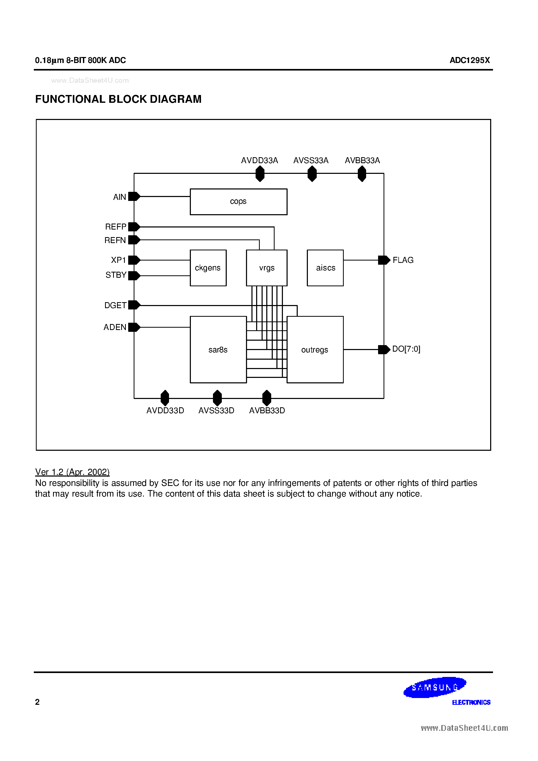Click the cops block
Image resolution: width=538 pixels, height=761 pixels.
[x=238, y=202]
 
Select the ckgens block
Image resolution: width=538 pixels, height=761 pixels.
[x=208, y=268]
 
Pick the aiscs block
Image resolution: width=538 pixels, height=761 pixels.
[x=325, y=268]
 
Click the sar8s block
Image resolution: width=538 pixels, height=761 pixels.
[x=218, y=350]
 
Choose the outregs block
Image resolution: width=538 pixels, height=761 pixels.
[x=315, y=350]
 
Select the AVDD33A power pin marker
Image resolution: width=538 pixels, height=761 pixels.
[x=260, y=173]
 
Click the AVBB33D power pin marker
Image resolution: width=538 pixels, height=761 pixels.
[x=267, y=398]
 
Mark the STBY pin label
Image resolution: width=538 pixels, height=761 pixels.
[x=116, y=275]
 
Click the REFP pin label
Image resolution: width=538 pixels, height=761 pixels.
[x=116, y=226]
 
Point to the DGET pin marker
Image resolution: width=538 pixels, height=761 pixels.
[x=134, y=305]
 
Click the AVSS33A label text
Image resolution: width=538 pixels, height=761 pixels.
[x=311, y=161]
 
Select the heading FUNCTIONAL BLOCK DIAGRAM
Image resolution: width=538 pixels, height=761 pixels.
[x=118, y=99]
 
